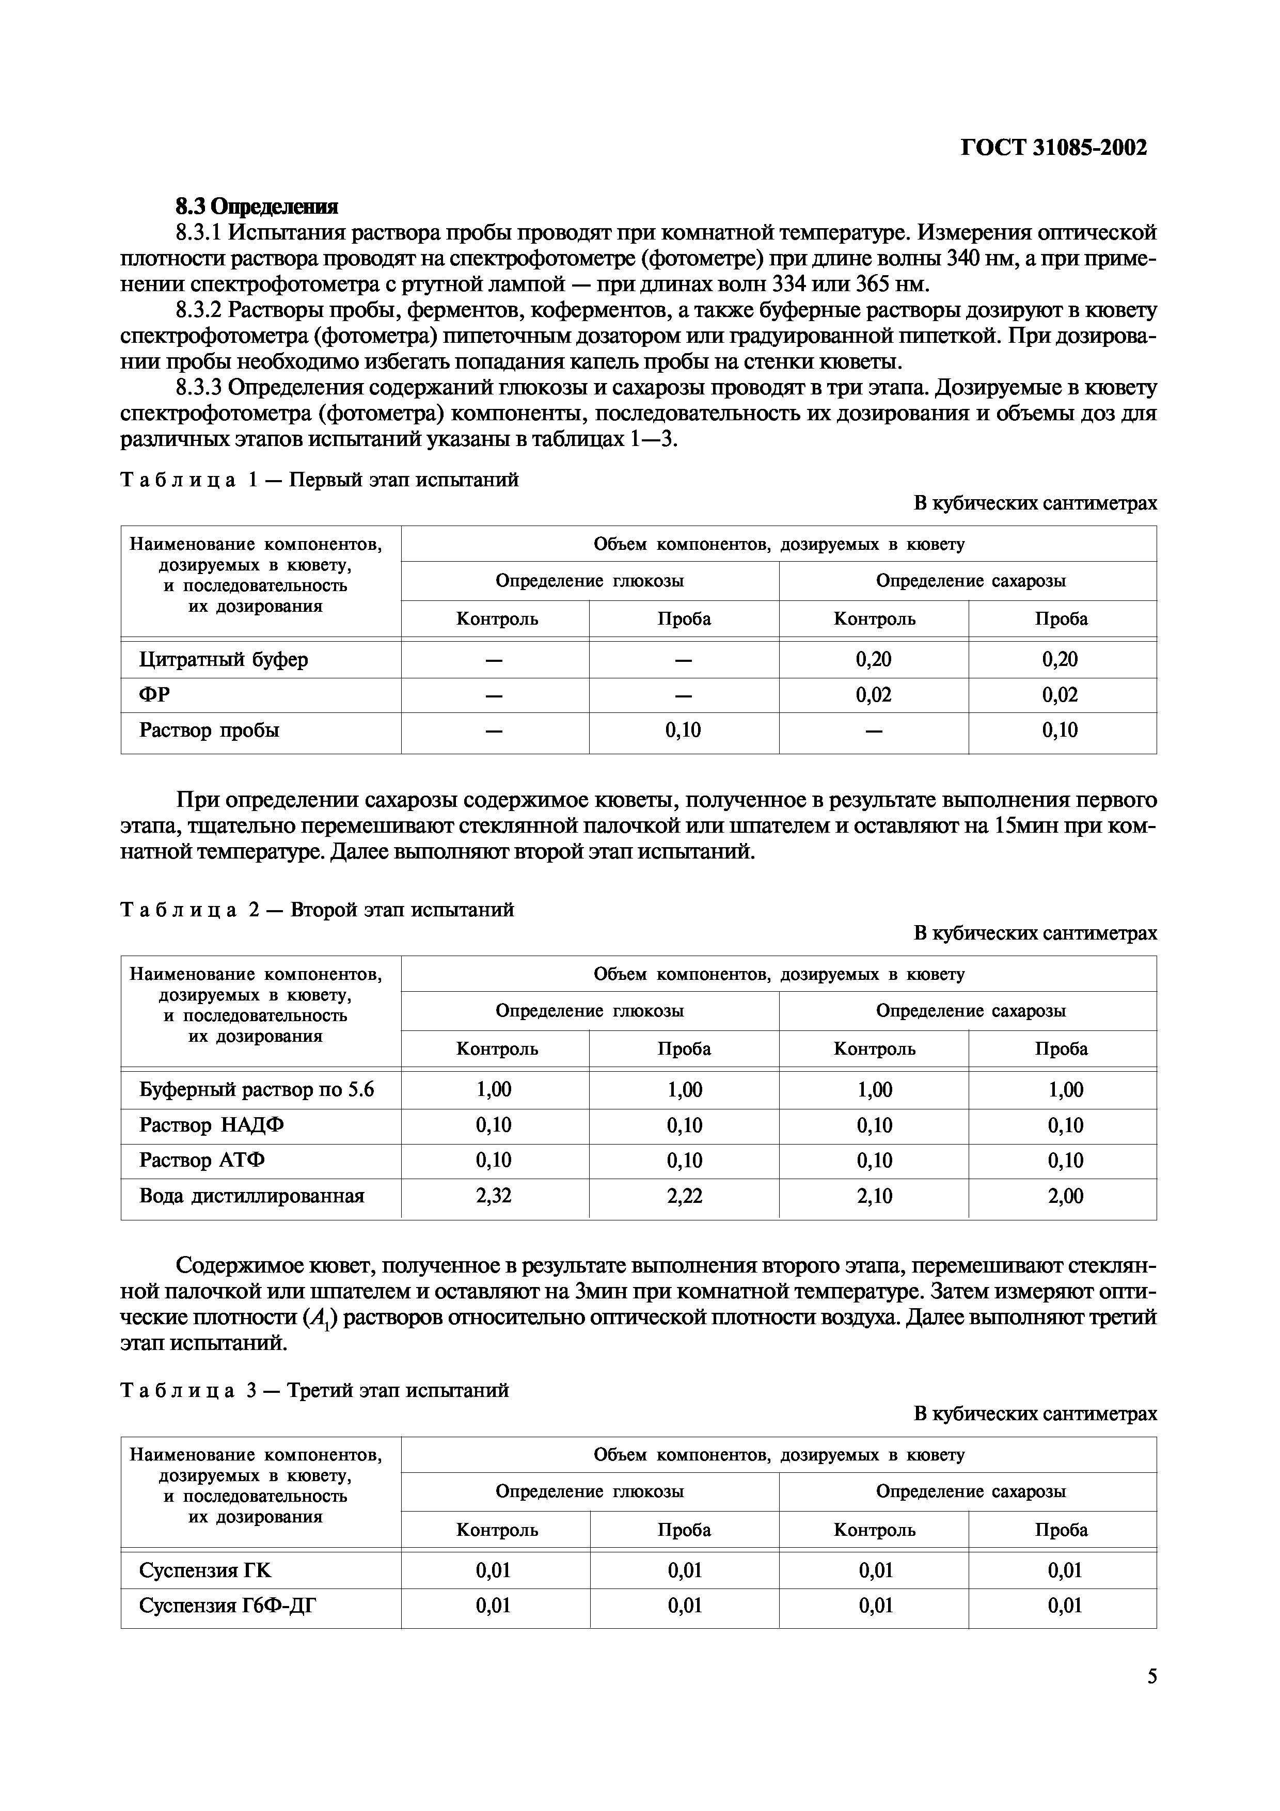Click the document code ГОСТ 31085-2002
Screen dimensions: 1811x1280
point(1054,148)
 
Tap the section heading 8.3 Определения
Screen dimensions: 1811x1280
point(256,206)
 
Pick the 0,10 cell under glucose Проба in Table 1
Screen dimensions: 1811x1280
point(683,730)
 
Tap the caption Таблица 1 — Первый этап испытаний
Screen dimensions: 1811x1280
point(320,480)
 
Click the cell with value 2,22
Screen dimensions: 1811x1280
point(684,1196)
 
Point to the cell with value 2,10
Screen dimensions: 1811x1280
point(874,1196)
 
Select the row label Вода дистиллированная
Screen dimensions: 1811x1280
point(251,1196)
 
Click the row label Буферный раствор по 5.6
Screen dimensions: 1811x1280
point(256,1089)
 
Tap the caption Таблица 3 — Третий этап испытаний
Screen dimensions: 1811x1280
point(314,1390)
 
